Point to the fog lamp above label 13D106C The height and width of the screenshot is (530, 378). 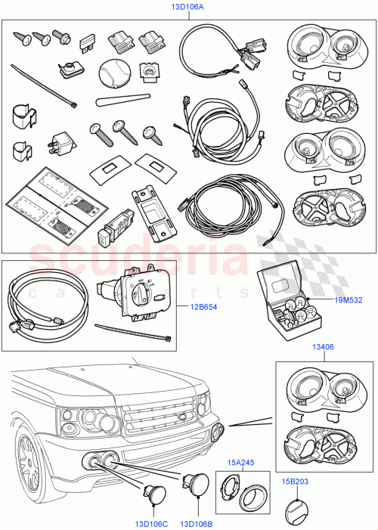point(153,493)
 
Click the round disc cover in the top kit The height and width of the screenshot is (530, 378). point(111,74)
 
